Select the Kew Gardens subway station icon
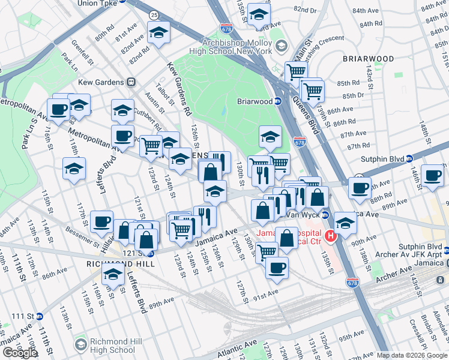point(130,82)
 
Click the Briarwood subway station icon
point(279,101)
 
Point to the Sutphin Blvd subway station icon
point(409,158)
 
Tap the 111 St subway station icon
point(39,316)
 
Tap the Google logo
point(20,353)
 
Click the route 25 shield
point(154,14)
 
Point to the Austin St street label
point(158,104)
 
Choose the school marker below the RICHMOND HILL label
point(112,275)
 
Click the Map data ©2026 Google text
point(411,355)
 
